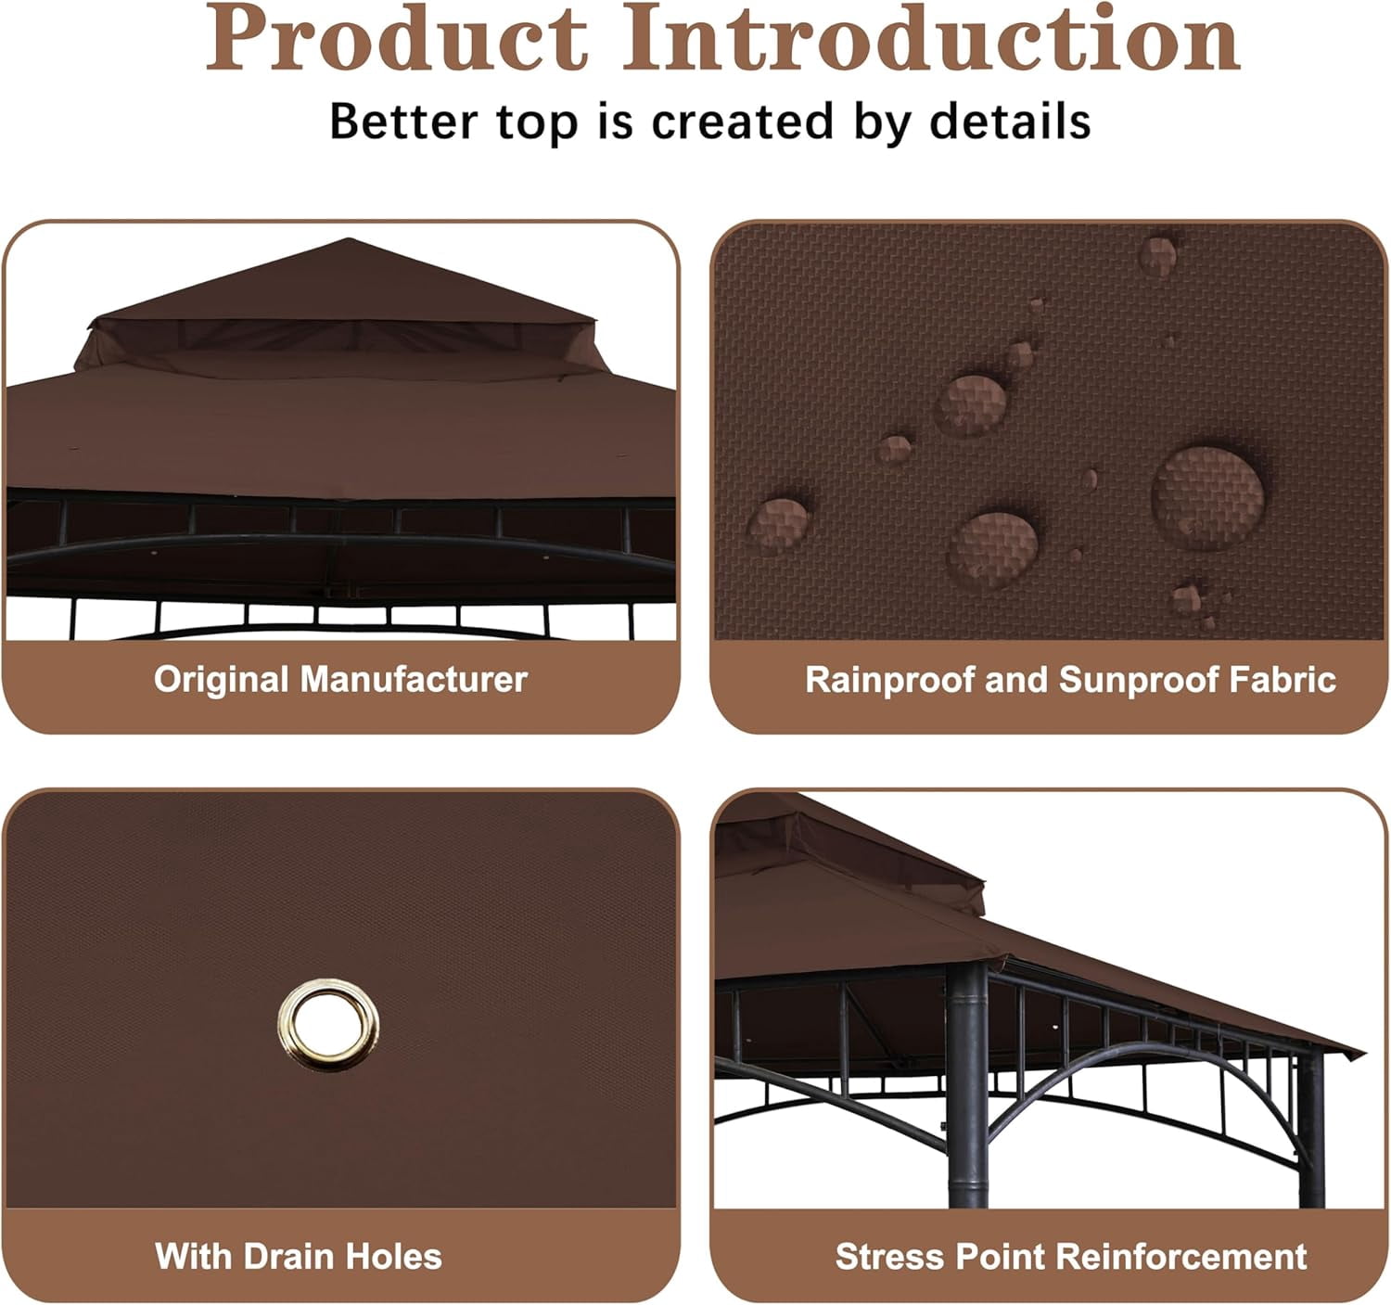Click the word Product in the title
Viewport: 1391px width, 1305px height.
[x=396, y=37]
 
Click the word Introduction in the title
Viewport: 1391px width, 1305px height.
[x=932, y=37]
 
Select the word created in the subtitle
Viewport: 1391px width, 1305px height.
[x=743, y=122]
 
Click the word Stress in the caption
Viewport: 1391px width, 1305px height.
[x=888, y=1255]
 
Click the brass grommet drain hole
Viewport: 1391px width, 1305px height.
[x=327, y=1026]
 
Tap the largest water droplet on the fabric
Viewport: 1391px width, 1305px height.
[x=1207, y=497]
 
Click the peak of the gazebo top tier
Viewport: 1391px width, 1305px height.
[x=350, y=239]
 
